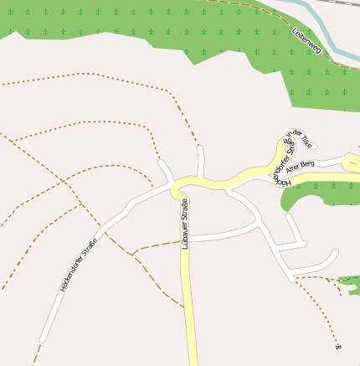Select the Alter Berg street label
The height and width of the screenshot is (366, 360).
click(x=301, y=164)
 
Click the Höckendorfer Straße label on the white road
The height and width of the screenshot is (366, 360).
click(x=79, y=265)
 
